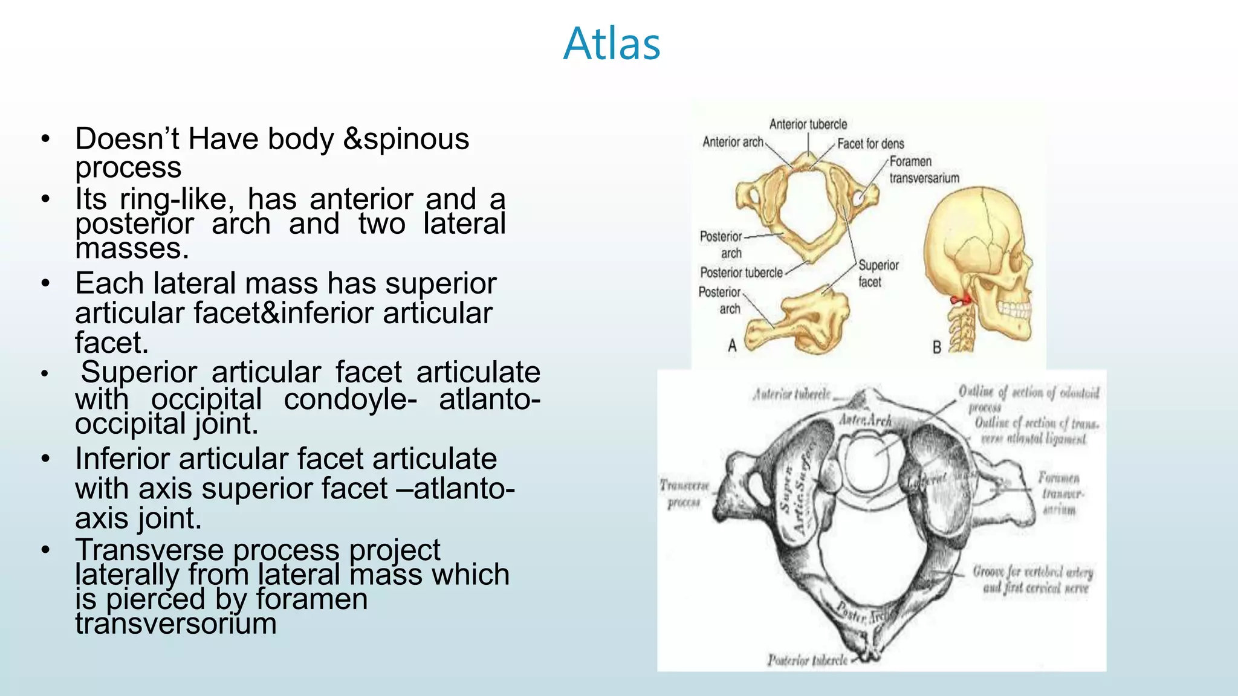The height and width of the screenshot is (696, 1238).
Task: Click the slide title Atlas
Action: pos(611,44)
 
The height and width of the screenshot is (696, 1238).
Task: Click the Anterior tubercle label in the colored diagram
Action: pos(808,124)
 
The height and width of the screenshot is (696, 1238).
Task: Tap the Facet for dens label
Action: pos(870,144)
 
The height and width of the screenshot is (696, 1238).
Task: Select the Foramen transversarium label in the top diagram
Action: pos(924,170)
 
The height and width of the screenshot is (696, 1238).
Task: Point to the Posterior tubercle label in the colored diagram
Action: pos(741,273)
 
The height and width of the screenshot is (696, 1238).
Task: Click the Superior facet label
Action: pos(878,274)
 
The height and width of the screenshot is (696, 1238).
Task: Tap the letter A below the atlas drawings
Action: pos(732,346)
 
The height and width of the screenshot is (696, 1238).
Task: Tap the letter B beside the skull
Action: pos(936,347)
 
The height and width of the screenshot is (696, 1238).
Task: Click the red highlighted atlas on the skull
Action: pos(961,299)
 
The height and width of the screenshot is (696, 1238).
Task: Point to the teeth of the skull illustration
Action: pos(1014,309)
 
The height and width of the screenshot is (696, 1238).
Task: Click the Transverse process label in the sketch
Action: pos(684,494)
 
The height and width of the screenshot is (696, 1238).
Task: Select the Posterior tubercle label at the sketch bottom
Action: pos(807,660)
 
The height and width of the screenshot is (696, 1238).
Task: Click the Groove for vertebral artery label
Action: pos(1033,579)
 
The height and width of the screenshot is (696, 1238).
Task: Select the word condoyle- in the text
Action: pos(350,399)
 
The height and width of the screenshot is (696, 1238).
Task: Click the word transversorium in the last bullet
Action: pos(176,624)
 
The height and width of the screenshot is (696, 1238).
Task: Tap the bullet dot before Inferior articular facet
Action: pos(45,459)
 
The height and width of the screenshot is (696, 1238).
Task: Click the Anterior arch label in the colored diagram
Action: pos(733,142)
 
